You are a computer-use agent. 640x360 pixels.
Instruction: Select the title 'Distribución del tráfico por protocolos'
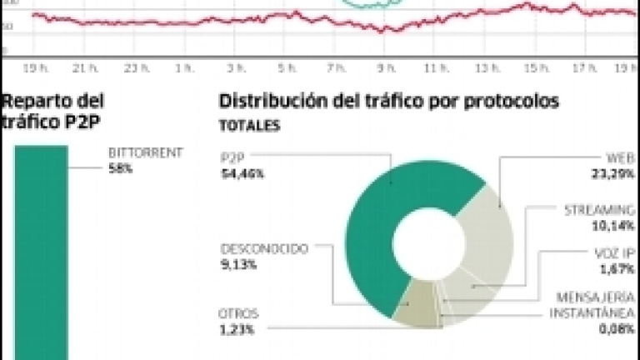click(388, 102)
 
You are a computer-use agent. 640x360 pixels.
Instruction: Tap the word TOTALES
click(249, 127)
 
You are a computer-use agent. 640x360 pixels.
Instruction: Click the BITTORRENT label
click(145, 154)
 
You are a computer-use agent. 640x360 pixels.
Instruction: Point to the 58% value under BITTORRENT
click(121, 167)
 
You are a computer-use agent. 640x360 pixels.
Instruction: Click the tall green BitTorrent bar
click(41, 250)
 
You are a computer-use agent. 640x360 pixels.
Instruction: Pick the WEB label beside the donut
click(617, 157)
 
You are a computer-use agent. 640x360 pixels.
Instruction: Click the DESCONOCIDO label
click(264, 248)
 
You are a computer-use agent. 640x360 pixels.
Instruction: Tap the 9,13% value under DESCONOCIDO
click(239, 264)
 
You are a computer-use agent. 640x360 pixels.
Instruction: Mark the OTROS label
click(240, 313)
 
